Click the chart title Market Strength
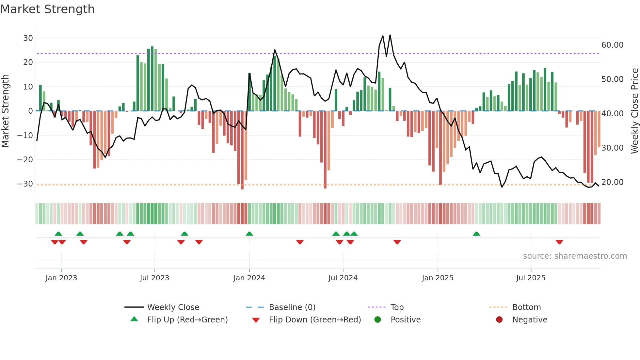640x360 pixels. [x=47, y=9]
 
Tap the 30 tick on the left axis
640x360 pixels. [x=28, y=38]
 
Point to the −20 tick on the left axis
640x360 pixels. [x=25, y=160]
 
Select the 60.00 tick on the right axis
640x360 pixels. [x=612, y=45]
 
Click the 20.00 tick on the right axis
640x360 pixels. [x=612, y=182]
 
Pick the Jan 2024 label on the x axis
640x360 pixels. [x=249, y=278]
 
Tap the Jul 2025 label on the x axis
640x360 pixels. [x=531, y=278]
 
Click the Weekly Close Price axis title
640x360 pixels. [x=634, y=111]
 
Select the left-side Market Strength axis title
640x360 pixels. [x=5, y=111]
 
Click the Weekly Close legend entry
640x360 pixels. [x=173, y=307]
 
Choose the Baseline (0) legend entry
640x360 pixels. [x=292, y=307]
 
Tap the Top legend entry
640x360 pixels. [x=397, y=307]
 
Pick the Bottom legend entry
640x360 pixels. [x=526, y=307]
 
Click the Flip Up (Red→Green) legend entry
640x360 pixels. [x=187, y=320]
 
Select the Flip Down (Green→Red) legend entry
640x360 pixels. [x=315, y=320]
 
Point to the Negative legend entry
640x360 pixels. [x=530, y=320]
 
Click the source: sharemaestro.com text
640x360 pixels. [x=575, y=256]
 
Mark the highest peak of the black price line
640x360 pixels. [x=390, y=35]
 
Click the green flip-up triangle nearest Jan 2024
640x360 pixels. [x=249, y=234]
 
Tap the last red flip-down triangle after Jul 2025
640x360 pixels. [x=559, y=242]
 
